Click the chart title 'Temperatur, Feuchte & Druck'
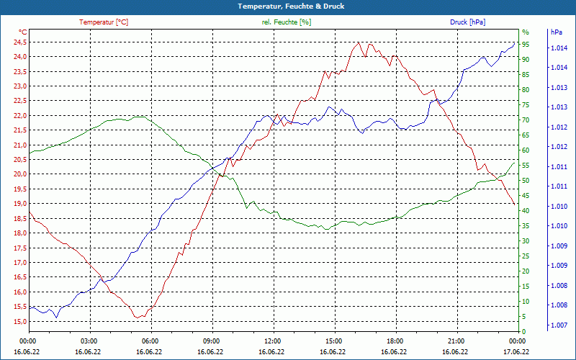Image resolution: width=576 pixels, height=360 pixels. point(288,6)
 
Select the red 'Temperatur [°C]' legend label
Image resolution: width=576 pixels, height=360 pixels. point(104,22)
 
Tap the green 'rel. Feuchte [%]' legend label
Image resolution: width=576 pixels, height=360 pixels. point(287,22)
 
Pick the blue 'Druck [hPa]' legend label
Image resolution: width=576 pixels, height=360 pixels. point(467,22)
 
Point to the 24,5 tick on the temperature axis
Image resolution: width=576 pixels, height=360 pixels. point(19,42)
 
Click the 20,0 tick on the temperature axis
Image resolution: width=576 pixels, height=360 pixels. point(19,174)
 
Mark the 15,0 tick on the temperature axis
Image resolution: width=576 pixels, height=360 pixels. point(19,322)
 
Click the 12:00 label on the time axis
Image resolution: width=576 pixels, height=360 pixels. point(273,341)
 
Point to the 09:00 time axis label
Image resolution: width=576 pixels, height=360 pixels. point(212,341)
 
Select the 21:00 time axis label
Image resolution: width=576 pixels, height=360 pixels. point(456,341)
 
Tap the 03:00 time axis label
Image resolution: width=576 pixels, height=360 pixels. point(89,341)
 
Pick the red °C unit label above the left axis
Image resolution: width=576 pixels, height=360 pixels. point(23,32)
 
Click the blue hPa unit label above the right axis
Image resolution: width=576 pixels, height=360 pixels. point(557,32)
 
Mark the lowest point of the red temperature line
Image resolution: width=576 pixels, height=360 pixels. point(137,318)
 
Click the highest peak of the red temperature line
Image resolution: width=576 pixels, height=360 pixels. point(358,42)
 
